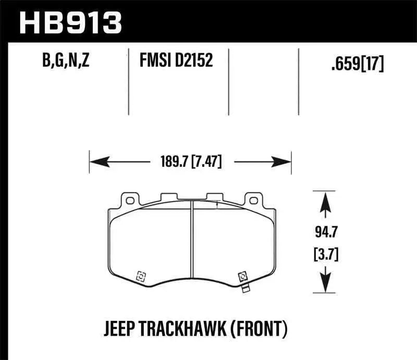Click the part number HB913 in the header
[70, 22]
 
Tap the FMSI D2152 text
[176, 62]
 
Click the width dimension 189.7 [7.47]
[189, 162]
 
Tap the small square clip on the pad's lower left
[140, 276]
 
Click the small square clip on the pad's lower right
[241, 276]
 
